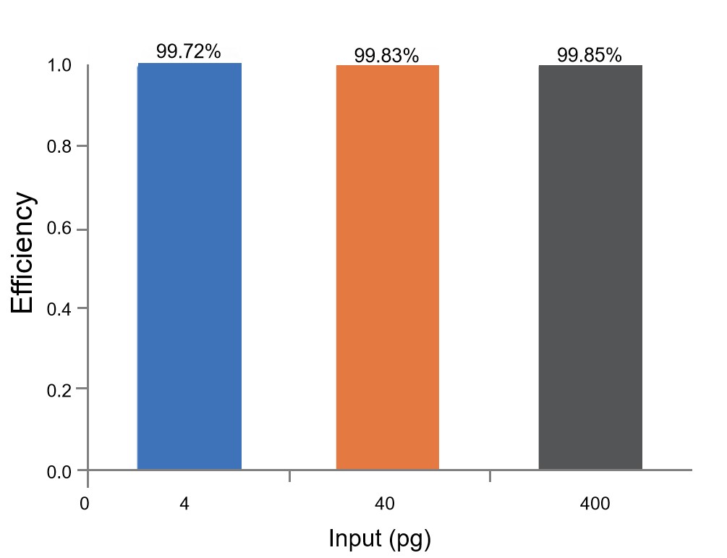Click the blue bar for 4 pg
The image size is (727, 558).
pos(190,266)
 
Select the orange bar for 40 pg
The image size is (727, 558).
pos(388,267)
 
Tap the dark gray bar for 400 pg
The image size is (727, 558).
pos(590,267)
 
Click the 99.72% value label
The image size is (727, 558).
pos(188,51)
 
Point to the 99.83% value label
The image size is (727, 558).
pos(386,56)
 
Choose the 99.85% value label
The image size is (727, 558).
pos(589,55)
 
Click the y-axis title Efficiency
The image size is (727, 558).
pos(22,253)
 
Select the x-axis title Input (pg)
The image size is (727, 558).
pos(380,539)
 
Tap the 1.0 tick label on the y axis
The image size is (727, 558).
pos(59,65)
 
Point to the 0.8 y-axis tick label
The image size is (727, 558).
pos(59,147)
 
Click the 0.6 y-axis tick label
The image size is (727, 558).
pos(59,229)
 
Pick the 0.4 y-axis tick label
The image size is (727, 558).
pos(59,308)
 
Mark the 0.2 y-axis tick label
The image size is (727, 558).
pos(59,390)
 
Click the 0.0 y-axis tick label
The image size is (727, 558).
pos(59,472)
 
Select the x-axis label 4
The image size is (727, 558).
pos(184,503)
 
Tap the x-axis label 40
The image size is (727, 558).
pos(384,503)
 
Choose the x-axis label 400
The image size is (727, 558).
pos(595,503)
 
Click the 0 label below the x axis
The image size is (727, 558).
pos(85,503)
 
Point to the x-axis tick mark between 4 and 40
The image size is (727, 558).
pos(290,476)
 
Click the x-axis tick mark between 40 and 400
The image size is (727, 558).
pos(490,476)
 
